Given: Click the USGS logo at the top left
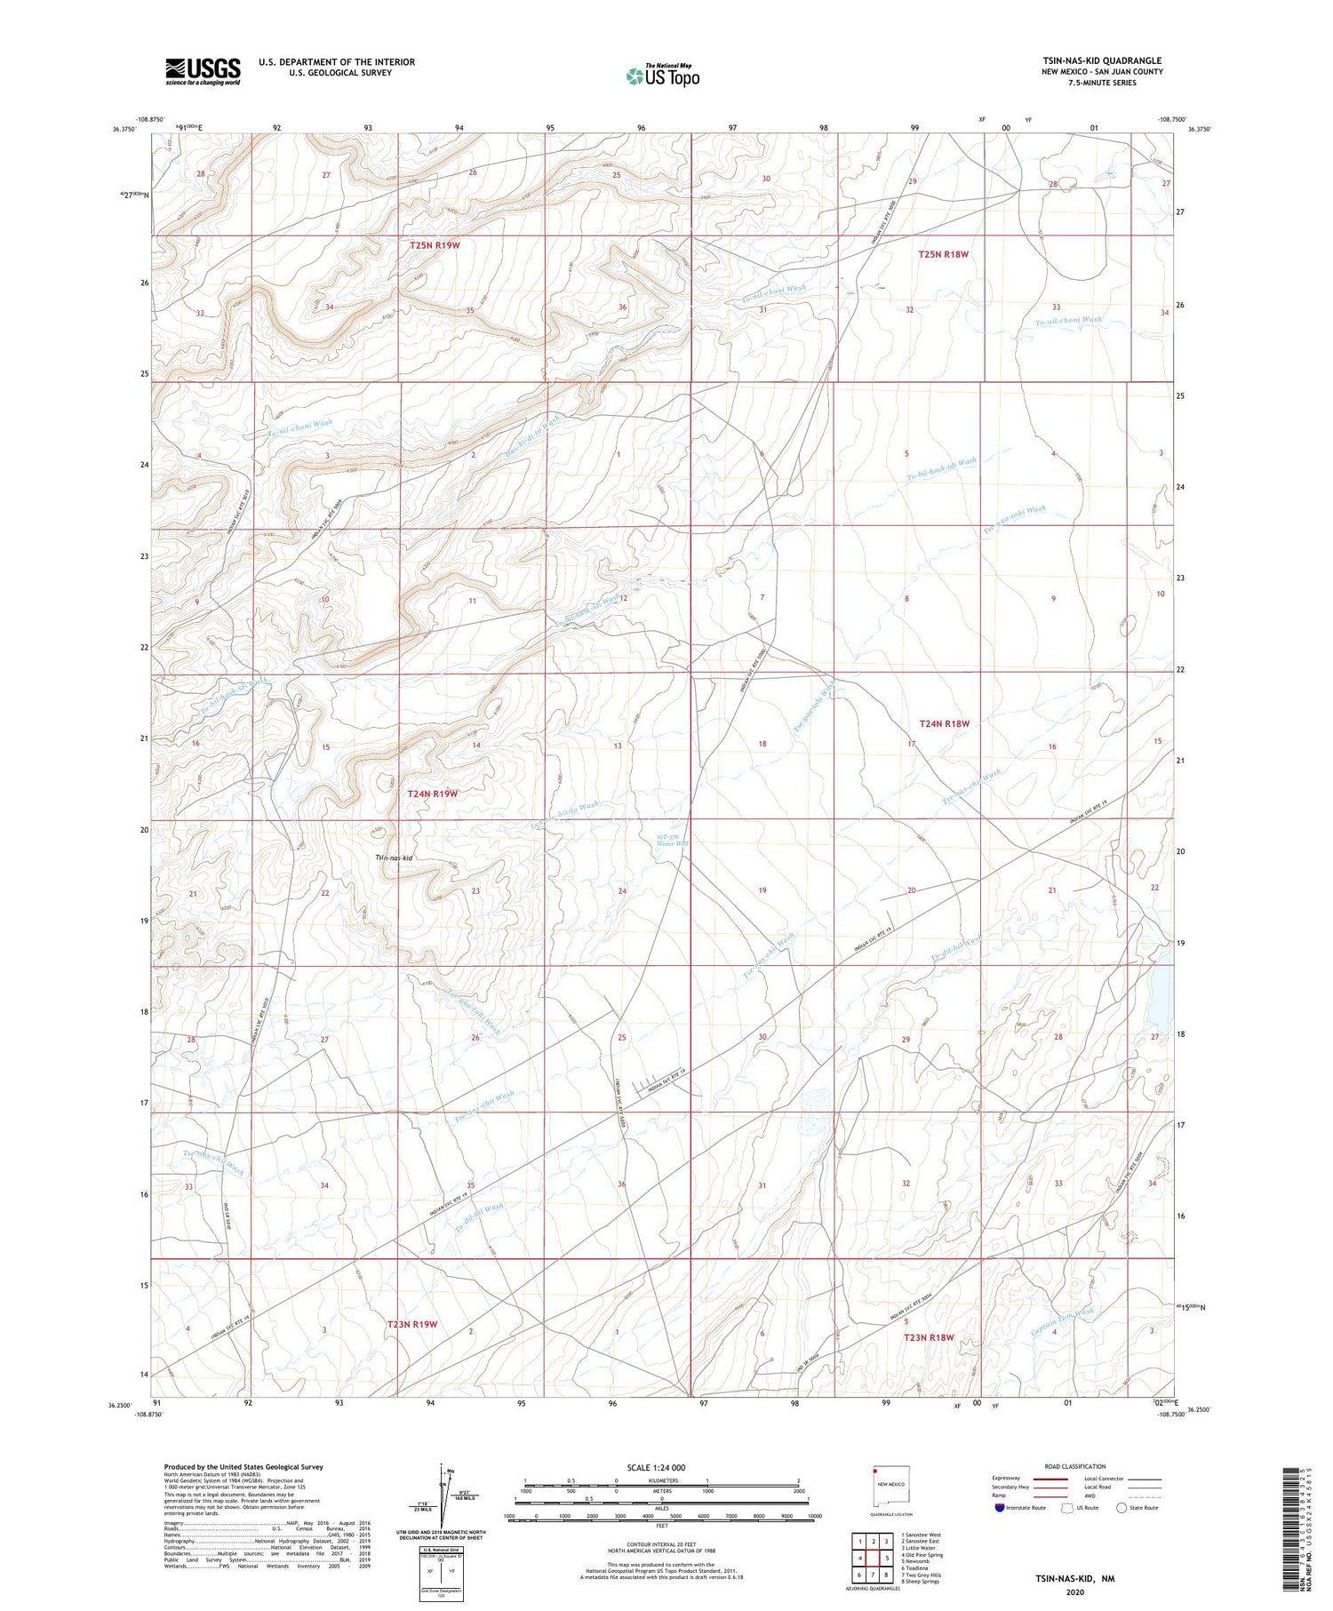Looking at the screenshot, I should (x=203, y=71).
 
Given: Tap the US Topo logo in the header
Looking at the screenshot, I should (x=662, y=76).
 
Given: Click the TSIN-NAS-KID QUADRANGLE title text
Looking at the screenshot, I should (x=1102, y=60).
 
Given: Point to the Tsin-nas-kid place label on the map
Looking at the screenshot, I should (x=394, y=858).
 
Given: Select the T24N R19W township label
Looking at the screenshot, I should (x=432, y=794).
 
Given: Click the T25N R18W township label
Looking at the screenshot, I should (x=943, y=254).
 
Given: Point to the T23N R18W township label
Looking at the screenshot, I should (x=929, y=1337).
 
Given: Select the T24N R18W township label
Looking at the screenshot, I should (x=944, y=723).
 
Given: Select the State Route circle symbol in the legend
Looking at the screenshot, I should (x=1121, y=1508).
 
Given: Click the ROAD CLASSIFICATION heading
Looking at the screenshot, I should (x=1075, y=1466).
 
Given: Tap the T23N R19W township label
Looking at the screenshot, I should (x=412, y=1324).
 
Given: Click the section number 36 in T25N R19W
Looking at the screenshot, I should (x=623, y=307).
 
